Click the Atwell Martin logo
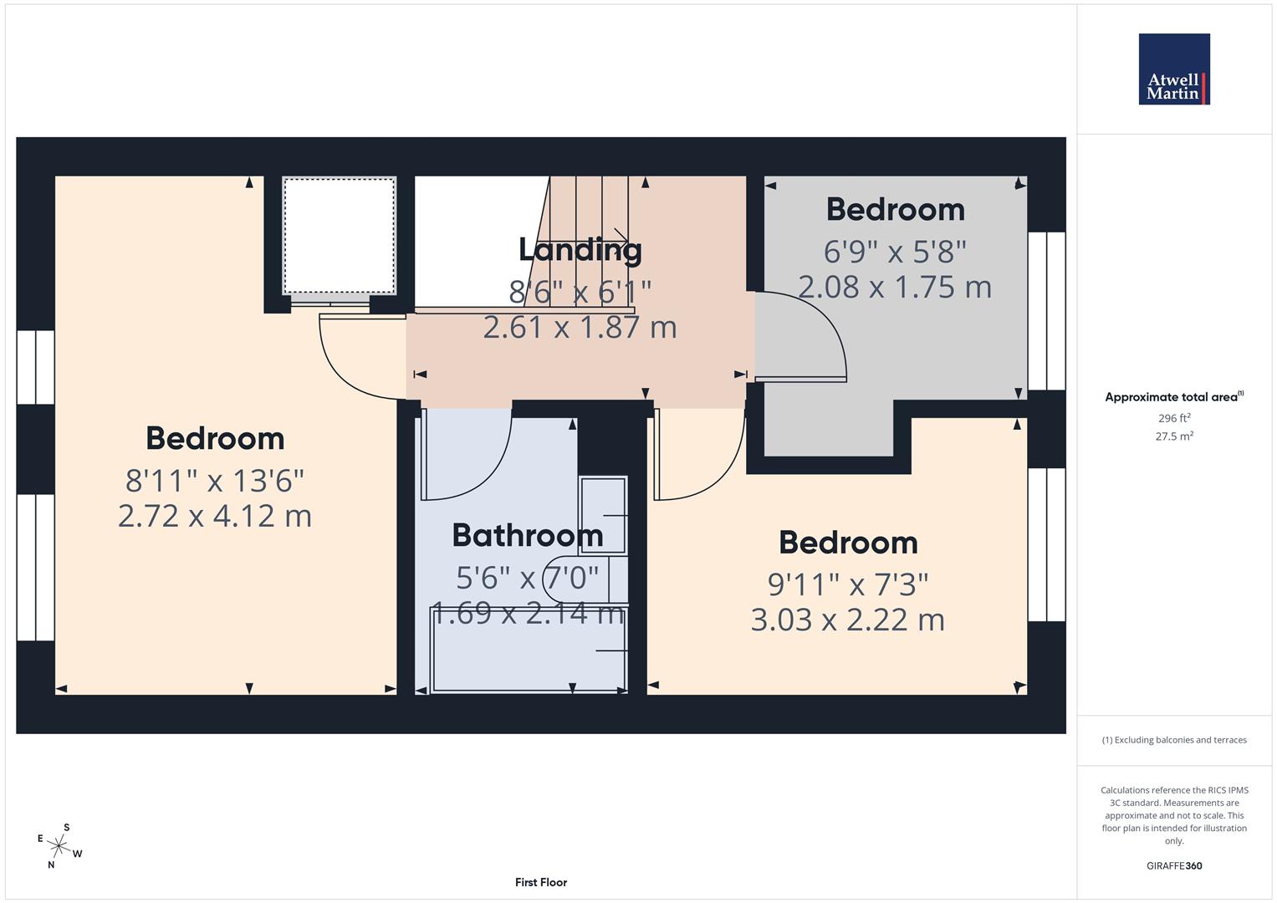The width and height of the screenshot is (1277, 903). pos(1173,69)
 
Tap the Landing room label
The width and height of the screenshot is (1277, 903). pos(580,249)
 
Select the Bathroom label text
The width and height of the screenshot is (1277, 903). pos(527,535)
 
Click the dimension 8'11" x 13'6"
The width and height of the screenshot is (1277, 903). pos(215,481)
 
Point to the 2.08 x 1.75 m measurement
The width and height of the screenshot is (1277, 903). pos(895,287)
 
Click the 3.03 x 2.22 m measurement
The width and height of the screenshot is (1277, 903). pos(848,620)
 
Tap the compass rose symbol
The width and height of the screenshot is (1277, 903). pos(59,846)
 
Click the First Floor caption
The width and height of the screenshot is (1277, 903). pos(541,882)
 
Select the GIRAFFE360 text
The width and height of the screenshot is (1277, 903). pos(1173,865)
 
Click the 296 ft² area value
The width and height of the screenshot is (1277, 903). pos(1173,418)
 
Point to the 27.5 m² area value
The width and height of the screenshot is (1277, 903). pos(1173,436)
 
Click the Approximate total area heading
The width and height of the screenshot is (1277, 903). pos(1173,397)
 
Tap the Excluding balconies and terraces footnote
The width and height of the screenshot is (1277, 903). pos(1173,740)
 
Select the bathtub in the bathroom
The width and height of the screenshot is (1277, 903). pos(529,650)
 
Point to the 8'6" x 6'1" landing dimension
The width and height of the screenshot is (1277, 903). pos(580,292)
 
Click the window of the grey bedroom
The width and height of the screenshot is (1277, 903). pos(1046,310)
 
